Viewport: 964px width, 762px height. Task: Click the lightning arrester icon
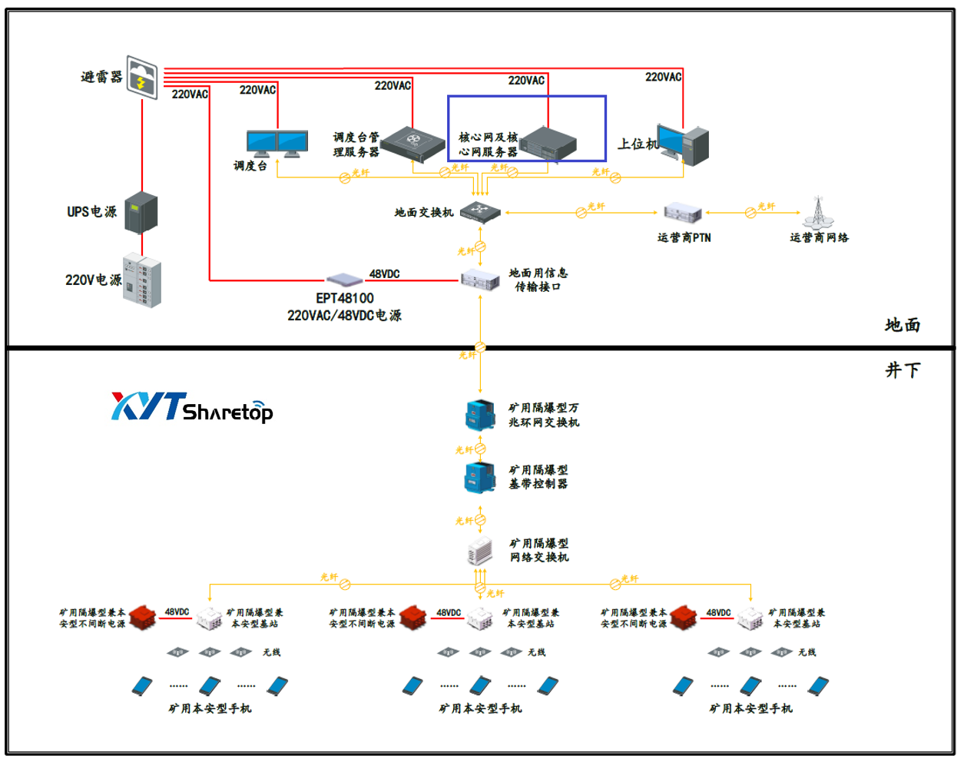point(142,77)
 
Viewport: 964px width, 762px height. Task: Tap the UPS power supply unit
point(141,212)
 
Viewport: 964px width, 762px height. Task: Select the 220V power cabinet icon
point(143,280)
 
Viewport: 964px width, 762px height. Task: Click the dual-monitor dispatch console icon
point(277,144)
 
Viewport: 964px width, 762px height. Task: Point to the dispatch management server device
point(413,144)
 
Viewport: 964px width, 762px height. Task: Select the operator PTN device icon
point(683,213)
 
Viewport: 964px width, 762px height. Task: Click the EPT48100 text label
point(345,298)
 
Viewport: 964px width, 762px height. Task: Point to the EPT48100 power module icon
point(345,279)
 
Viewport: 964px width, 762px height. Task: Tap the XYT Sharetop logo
point(192,407)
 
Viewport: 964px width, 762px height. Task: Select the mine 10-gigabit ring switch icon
point(480,415)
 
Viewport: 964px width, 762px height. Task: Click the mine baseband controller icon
point(480,477)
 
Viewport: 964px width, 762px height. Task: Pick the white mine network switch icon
point(480,551)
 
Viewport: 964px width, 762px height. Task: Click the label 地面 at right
point(903,325)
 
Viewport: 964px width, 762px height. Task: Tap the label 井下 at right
point(903,370)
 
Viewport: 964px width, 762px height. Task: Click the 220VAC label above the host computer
point(663,77)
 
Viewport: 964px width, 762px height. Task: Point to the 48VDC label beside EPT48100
point(384,273)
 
